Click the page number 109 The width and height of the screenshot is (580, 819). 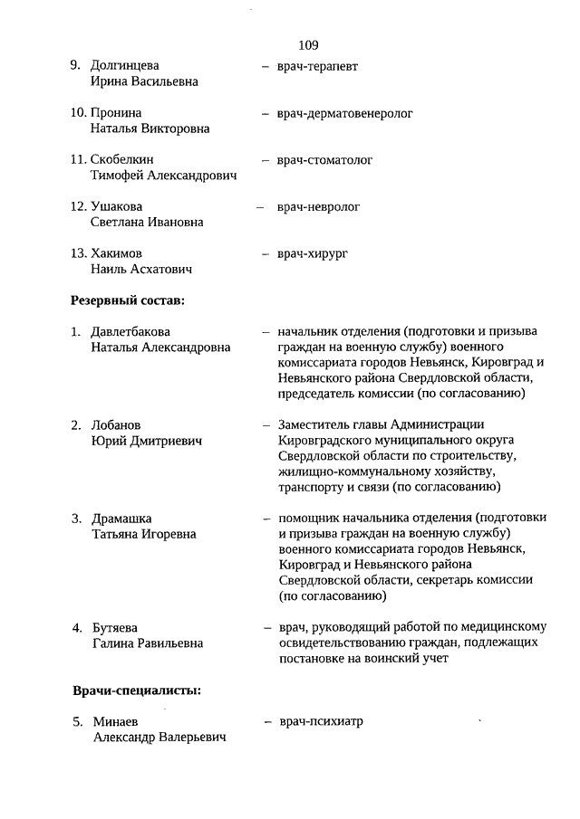pyautogui.click(x=307, y=44)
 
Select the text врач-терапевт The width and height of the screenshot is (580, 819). pyautogui.click(x=318, y=66)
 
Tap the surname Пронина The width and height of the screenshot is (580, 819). pyautogui.click(x=116, y=113)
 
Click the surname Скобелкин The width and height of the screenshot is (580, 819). pyautogui.click(x=123, y=160)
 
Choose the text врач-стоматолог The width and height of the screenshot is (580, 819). pyautogui.click(x=324, y=160)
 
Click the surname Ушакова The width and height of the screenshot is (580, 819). pyautogui.click(x=117, y=206)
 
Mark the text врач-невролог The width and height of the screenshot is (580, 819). pyautogui.click(x=318, y=206)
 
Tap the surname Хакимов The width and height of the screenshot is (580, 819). pyautogui.click(x=117, y=253)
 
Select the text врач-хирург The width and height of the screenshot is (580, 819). pyautogui.click(x=312, y=253)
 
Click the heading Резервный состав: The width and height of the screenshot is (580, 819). pyautogui.click(x=128, y=300)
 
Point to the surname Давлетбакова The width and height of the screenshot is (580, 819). pyautogui.click(x=130, y=331)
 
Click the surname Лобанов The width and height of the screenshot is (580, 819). pyautogui.click(x=118, y=424)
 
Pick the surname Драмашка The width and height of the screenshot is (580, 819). pyautogui.click(x=121, y=519)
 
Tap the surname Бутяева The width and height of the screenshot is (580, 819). pyautogui.click(x=118, y=627)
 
